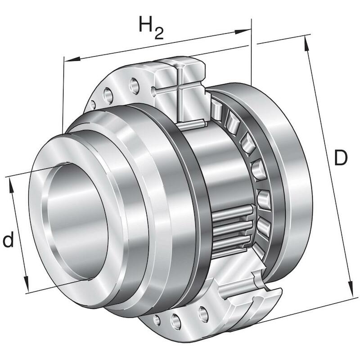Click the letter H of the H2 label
point(145,24)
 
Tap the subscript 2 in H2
point(159,33)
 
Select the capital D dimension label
point(341,157)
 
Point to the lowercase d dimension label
point(8,239)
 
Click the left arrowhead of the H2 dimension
point(72,60)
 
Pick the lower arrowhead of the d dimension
point(26,284)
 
